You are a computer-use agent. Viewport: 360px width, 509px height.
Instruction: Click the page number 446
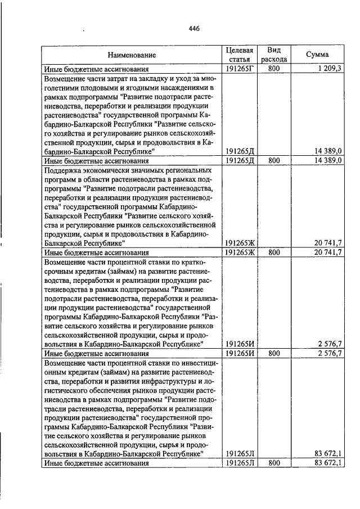coord(195,28)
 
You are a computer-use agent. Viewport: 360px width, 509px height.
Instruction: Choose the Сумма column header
coord(317,55)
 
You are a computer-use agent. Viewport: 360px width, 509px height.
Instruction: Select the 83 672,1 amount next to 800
coord(328,463)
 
